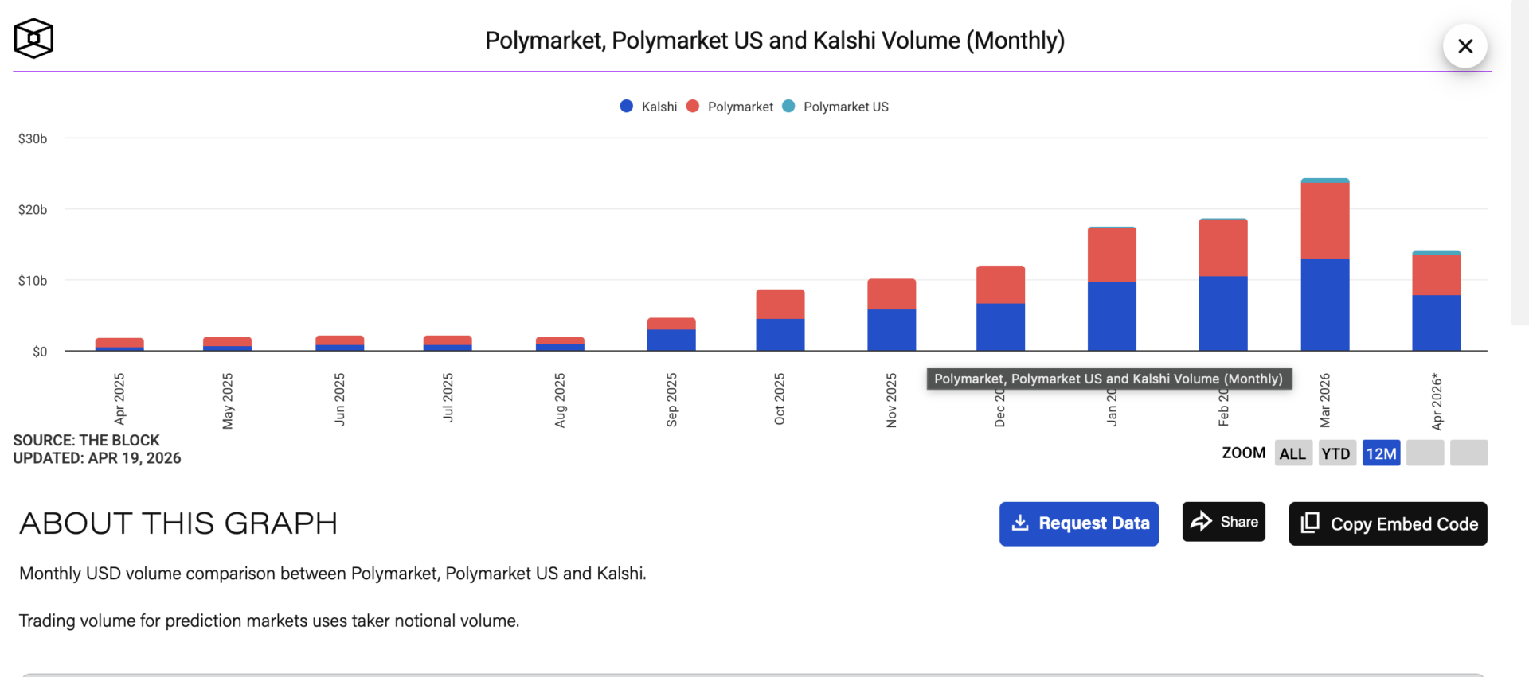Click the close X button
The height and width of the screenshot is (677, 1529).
1464,46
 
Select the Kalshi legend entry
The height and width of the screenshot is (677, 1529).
649,107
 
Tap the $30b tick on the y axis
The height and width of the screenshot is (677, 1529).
33,138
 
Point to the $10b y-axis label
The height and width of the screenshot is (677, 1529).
33,281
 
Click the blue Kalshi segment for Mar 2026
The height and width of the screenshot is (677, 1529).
1324,305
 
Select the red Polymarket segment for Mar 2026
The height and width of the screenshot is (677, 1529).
1324,220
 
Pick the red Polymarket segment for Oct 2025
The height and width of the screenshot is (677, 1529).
780,305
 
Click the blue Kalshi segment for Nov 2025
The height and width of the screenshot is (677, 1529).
891,330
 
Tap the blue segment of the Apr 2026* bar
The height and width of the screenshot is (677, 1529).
1436,323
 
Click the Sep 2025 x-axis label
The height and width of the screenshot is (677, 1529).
671,399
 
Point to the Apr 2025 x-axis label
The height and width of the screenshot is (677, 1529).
119,399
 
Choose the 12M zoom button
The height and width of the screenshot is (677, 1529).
1381,453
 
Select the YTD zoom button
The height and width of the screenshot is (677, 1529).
1336,453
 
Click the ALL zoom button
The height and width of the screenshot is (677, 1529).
1292,453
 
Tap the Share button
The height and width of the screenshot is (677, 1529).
1223,522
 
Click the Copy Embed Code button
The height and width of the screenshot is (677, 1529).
1387,523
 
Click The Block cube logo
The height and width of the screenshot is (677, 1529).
33,39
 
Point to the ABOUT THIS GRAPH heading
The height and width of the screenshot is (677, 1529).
178,523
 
